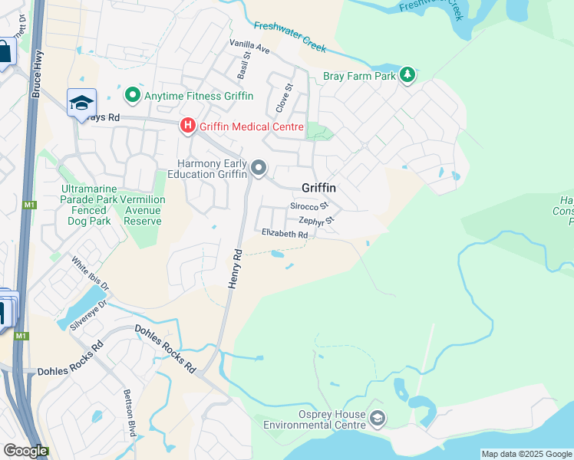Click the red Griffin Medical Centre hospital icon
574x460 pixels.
(x=187, y=126)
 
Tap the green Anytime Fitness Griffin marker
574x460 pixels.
(x=132, y=96)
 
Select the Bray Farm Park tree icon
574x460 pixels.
(x=408, y=75)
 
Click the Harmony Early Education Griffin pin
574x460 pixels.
(x=259, y=168)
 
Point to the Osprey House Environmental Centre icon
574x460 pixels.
(x=377, y=419)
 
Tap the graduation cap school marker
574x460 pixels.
(x=81, y=103)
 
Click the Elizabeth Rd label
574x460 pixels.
(x=284, y=233)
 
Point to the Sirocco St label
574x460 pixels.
(x=308, y=206)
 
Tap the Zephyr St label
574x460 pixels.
(x=317, y=222)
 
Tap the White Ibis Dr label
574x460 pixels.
(x=91, y=274)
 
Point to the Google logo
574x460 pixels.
(x=25, y=451)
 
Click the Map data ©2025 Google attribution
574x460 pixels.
(x=526, y=454)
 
